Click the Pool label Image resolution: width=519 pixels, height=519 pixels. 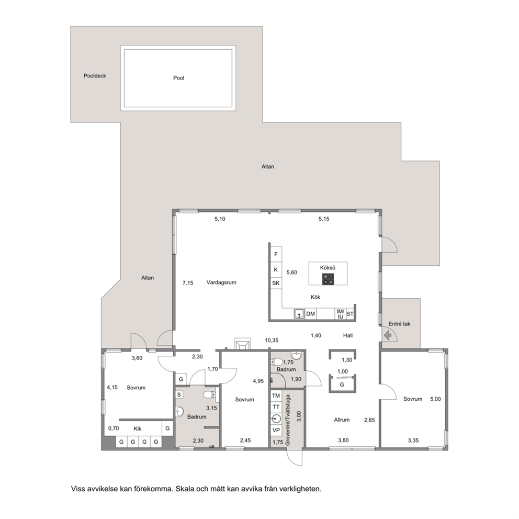[x=178, y=78]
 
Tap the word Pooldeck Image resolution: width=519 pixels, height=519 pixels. [x=95, y=76]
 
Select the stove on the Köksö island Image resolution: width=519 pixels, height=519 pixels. [x=328, y=279]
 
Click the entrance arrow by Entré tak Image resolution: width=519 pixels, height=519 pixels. [x=388, y=336]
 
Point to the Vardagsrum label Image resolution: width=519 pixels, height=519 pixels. [x=221, y=283]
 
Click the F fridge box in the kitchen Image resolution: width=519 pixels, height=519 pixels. [x=276, y=254]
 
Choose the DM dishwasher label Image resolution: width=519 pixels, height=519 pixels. [x=310, y=313]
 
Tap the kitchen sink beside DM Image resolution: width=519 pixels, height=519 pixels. [x=299, y=313]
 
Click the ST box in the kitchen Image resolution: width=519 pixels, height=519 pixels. [x=350, y=314]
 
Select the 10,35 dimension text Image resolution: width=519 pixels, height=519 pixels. [x=272, y=340]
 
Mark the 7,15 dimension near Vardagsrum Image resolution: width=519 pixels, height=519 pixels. [x=188, y=283]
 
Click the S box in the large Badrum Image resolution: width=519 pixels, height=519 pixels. [x=179, y=394]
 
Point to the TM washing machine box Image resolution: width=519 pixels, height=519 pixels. [x=276, y=396]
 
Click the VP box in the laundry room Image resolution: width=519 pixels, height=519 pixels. [x=276, y=430]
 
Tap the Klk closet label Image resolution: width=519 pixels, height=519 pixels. [x=138, y=428]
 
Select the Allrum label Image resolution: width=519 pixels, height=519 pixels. [x=342, y=420]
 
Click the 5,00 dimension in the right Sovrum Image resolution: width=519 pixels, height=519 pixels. [x=435, y=399]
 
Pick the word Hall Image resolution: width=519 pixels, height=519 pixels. [x=347, y=336]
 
